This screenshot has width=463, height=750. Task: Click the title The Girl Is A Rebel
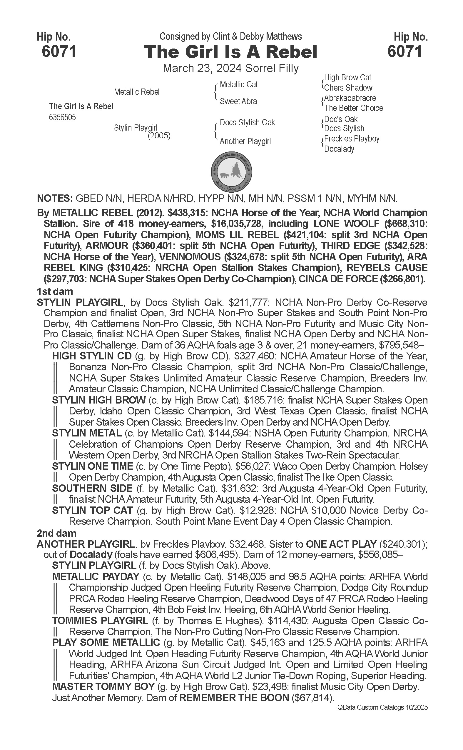click(x=230, y=52)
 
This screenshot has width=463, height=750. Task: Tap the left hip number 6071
click(x=59, y=51)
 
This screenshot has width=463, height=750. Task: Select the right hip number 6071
click(x=405, y=51)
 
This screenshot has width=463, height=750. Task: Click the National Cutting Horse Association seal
click(x=232, y=172)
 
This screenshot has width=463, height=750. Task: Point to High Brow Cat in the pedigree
click(x=347, y=78)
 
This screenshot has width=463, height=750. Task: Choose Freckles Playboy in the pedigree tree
click(x=352, y=139)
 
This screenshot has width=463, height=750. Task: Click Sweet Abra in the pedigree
click(x=238, y=101)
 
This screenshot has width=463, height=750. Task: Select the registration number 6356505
click(x=62, y=118)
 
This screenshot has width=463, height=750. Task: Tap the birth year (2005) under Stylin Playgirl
click(x=159, y=135)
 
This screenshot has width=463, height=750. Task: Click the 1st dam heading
click(x=55, y=291)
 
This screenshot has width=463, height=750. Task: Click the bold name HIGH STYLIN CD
click(x=92, y=356)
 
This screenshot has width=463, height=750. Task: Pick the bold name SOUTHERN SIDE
click(x=92, y=488)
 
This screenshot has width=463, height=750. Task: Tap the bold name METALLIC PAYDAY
click(x=96, y=576)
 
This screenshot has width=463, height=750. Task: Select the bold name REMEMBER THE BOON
click(x=234, y=698)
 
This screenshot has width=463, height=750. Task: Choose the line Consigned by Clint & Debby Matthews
click(x=230, y=36)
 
